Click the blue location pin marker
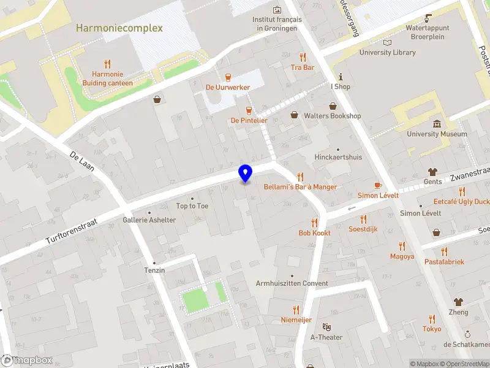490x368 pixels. (x=245, y=174)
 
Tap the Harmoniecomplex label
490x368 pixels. (x=119, y=28)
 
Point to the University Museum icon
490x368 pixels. (x=436, y=124)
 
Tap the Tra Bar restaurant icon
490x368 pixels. (x=302, y=57)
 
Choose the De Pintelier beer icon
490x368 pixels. (x=249, y=110)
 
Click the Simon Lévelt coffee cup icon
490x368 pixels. (x=378, y=185)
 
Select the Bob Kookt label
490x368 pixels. (x=314, y=233)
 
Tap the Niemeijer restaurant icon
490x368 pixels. (x=296, y=310)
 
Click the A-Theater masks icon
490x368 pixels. (x=326, y=327)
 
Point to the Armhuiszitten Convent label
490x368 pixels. (x=292, y=283)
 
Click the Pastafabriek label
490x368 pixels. (x=444, y=262)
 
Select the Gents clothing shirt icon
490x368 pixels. (x=433, y=172)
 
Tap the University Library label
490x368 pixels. (x=387, y=53)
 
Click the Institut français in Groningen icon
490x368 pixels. (x=277, y=10)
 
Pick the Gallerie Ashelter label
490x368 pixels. (x=149, y=220)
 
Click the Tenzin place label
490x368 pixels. (x=154, y=270)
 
